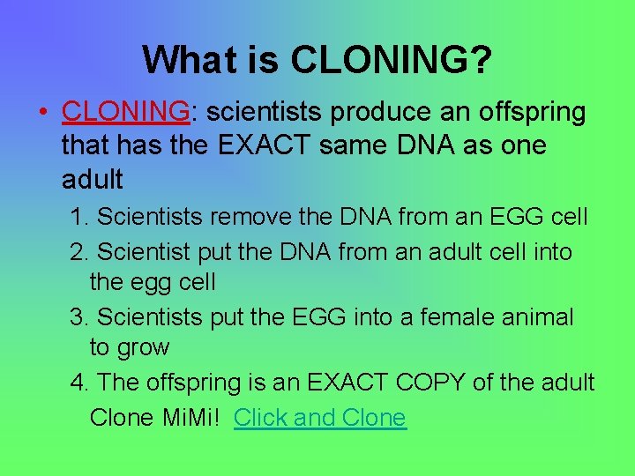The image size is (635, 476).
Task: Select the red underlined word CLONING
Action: [125, 112]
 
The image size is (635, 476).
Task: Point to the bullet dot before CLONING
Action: [41, 113]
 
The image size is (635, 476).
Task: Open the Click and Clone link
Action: [320, 417]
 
